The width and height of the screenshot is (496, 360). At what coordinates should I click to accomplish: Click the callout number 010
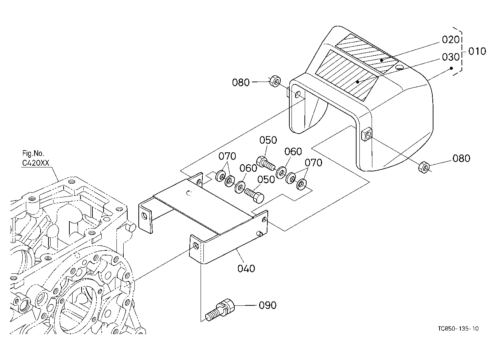pos(477,51)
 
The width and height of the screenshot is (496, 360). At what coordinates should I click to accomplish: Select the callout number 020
pos(451,40)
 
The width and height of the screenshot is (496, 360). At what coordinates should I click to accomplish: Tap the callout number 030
pos(451,57)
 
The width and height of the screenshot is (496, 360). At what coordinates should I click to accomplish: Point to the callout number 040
pos(246,268)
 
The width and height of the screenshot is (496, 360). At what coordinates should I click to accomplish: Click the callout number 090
pos(267,305)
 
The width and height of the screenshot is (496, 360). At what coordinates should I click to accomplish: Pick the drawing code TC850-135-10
pos(458,328)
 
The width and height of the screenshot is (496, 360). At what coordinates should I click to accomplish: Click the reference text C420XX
pos(36,163)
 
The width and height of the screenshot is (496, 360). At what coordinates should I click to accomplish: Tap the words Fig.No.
pos(33,153)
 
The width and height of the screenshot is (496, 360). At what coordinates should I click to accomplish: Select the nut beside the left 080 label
pos(275,82)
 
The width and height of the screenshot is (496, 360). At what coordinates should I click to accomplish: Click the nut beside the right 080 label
pos(424,167)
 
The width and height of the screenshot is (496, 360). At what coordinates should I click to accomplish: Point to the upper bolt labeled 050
pos(266,163)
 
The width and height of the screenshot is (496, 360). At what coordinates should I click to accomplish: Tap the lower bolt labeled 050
pos(254,195)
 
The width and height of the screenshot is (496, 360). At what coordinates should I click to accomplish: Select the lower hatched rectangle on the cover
pos(346,75)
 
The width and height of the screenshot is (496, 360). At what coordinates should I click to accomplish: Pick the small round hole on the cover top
pos(400,67)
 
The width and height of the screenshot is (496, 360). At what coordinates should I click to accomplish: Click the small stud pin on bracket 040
pos(260,234)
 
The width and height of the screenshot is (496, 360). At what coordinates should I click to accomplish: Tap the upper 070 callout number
pos(227,156)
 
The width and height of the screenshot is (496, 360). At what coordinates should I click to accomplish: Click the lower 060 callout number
pos(248,168)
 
